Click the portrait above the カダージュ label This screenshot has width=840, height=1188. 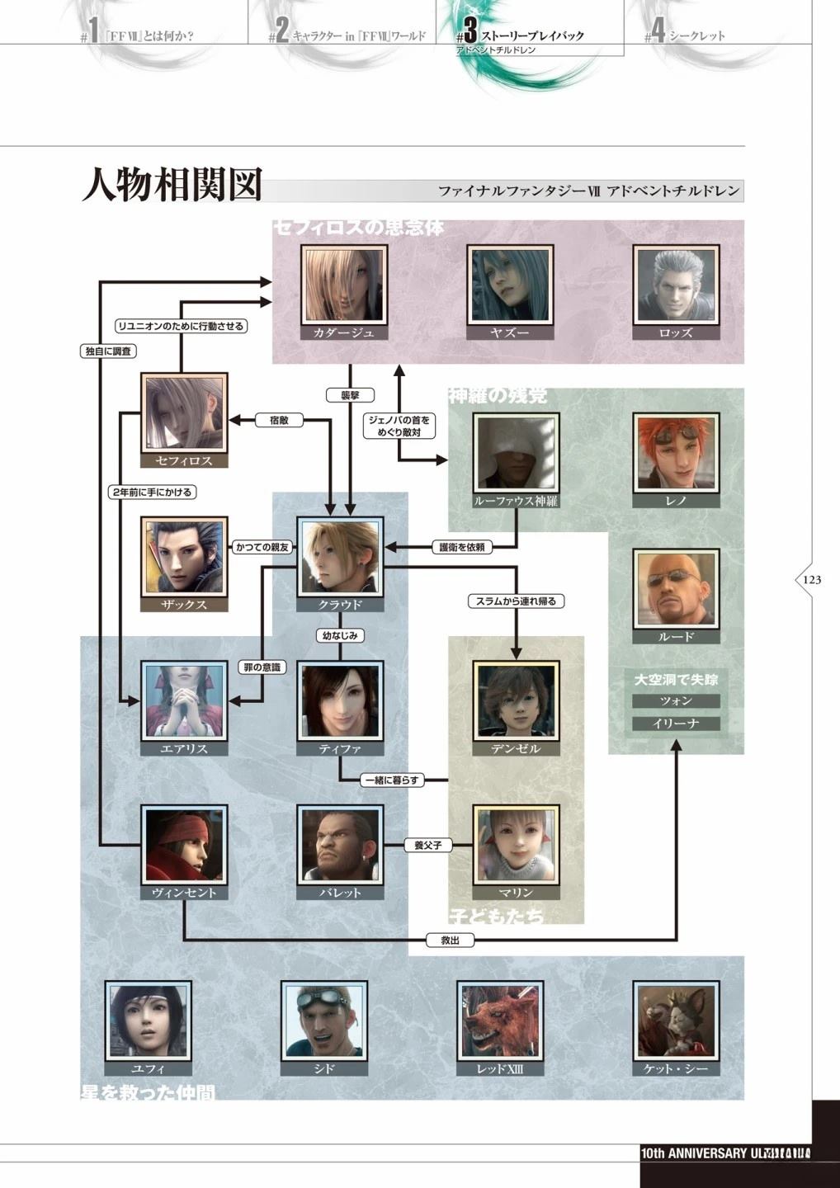344,285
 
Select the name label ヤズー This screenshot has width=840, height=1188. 509,333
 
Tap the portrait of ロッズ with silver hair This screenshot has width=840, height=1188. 676,285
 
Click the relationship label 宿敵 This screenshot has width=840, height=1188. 280,421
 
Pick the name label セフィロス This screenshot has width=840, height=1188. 184,461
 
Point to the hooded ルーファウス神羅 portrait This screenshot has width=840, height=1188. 516,453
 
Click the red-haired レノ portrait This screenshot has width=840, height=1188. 676,453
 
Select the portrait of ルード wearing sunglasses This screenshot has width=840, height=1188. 676,589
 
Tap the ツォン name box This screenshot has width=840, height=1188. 676,701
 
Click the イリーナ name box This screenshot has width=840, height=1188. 676,724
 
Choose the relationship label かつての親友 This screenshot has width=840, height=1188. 262,547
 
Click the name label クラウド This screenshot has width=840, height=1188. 340,605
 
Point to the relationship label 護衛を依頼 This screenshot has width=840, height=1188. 462,547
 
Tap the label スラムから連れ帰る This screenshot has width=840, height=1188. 516,601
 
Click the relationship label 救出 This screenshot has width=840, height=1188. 450,940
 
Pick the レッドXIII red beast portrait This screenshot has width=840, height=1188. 500,1021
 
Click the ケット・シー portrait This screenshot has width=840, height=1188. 676,1021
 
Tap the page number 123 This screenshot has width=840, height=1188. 812,580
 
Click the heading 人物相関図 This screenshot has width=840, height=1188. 172,185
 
